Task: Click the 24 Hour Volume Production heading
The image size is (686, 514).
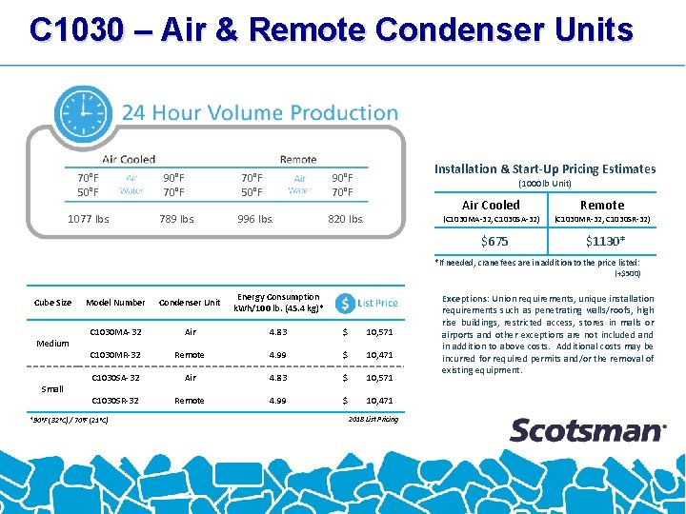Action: tap(260, 113)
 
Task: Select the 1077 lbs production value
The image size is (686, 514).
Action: tap(89, 219)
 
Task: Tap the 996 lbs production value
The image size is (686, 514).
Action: tap(255, 219)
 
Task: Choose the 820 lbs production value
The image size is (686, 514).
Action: tap(345, 219)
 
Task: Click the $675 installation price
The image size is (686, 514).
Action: tap(494, 241)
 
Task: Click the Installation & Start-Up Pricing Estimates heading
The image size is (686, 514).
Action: tap(545, 168)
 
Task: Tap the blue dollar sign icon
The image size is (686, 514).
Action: tap(344, 303)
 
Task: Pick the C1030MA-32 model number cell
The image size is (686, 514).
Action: tap(115, 331)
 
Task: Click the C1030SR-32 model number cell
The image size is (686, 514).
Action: tap(115, 401)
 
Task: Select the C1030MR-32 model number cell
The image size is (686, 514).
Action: tap(115, 355)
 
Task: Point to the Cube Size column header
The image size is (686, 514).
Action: tap(52, 303)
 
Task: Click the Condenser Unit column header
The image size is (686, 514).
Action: tap(189, 303)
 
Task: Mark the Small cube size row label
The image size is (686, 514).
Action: tap(52, 388)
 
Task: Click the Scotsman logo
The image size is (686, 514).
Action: tap(587, 430)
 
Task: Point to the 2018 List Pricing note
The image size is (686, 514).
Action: tap(373, 419)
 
